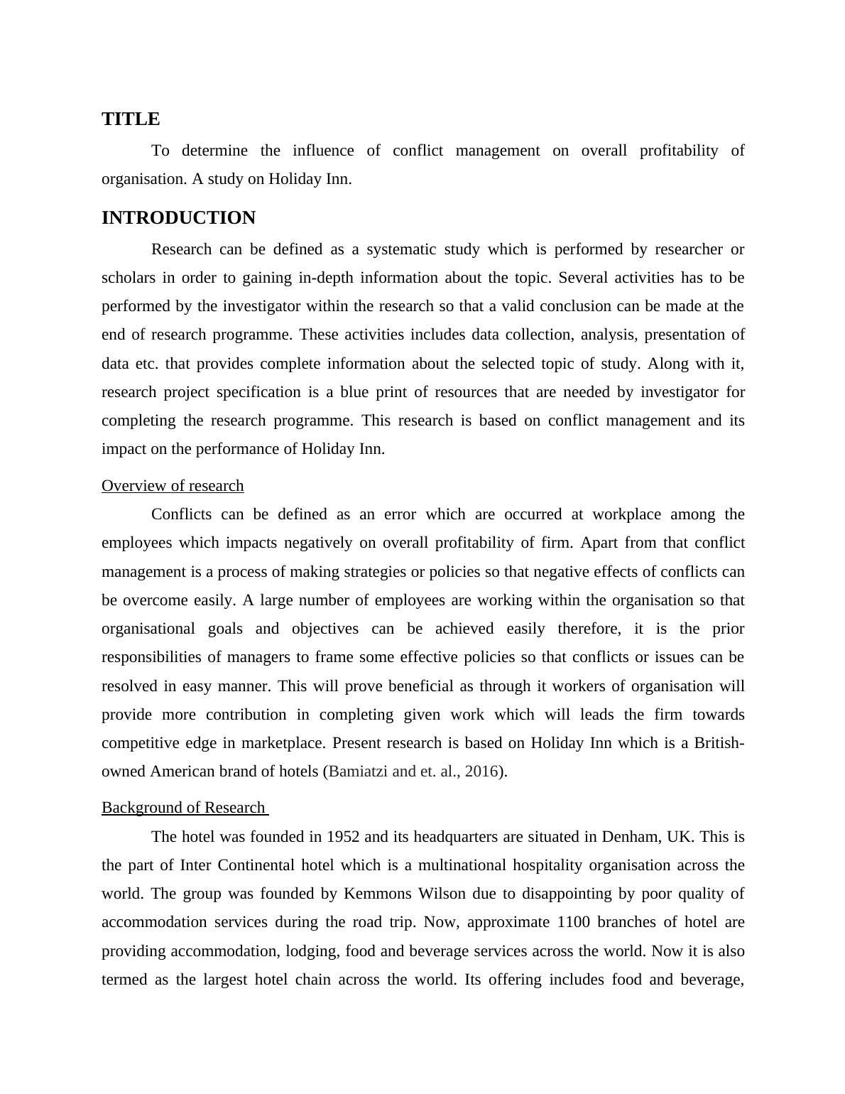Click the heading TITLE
(x=131, y=119)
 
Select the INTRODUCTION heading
(x=178, y=218)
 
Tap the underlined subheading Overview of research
(x=173, y=486)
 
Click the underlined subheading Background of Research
(x=183, y=808)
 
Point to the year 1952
(x=343, y=837)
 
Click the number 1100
(x=574, y=922)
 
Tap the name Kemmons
(x=377, y=894)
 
